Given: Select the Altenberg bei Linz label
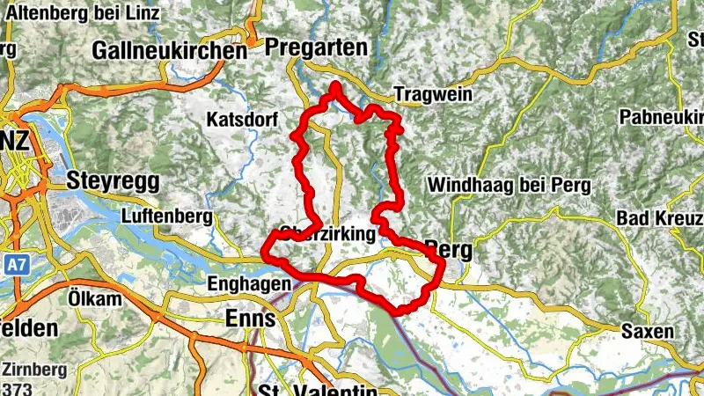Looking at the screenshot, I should click(84, 14).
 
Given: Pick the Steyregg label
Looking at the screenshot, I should click(113, 181).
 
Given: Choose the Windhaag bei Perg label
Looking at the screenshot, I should click(509, 186).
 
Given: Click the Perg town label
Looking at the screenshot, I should click(448, 250).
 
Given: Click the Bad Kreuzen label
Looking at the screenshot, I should click(660, 217).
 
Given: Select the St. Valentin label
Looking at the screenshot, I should click(317, 390).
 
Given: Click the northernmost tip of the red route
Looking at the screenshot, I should click(336, 85).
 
